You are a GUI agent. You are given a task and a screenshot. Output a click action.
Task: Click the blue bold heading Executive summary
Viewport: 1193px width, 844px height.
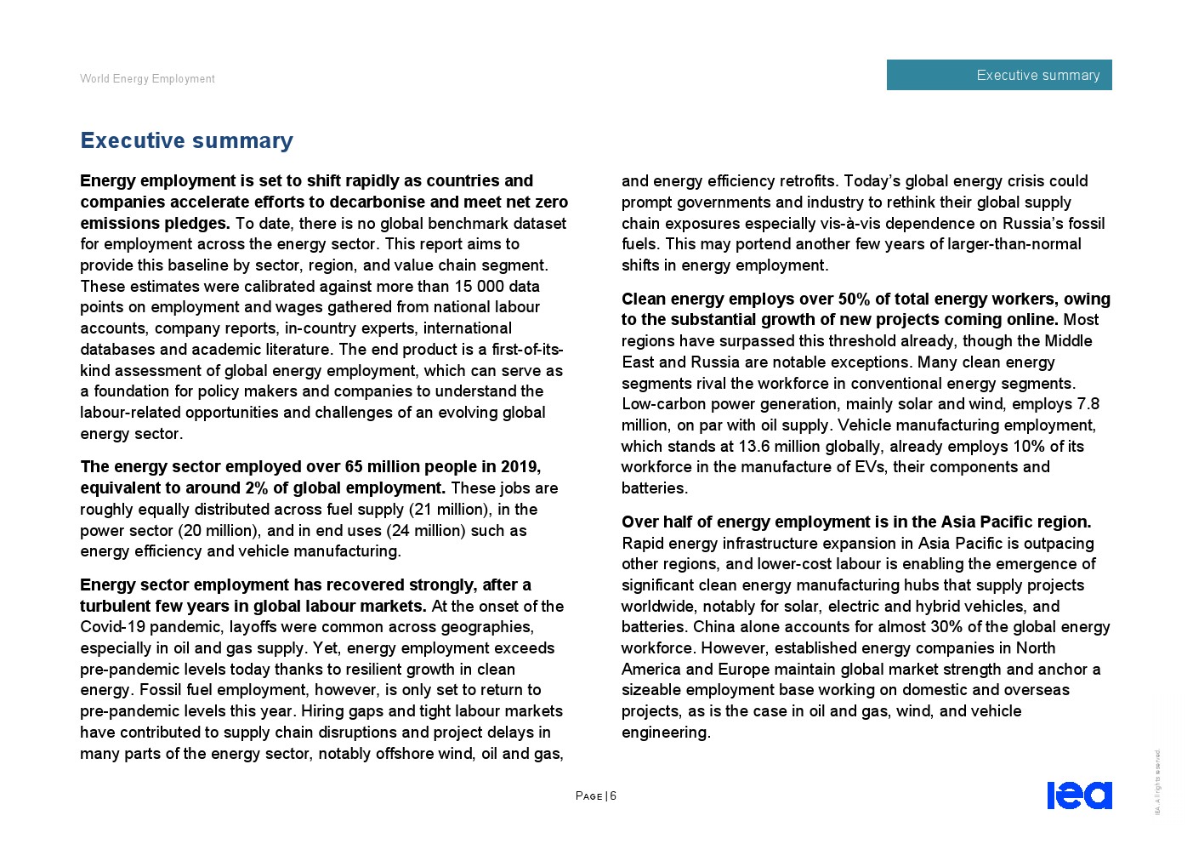186,140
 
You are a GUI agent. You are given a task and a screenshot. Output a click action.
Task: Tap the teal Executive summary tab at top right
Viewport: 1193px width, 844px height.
998,75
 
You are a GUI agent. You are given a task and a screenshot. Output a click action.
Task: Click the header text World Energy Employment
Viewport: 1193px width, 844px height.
147,79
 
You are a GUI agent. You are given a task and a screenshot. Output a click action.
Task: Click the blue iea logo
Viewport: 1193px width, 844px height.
1079,795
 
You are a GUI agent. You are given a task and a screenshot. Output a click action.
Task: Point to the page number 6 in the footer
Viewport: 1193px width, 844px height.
613,796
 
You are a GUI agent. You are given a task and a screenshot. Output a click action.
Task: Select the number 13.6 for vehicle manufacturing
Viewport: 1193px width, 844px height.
753,447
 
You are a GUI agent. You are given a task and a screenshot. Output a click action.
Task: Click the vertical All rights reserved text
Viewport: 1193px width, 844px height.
1157,782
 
